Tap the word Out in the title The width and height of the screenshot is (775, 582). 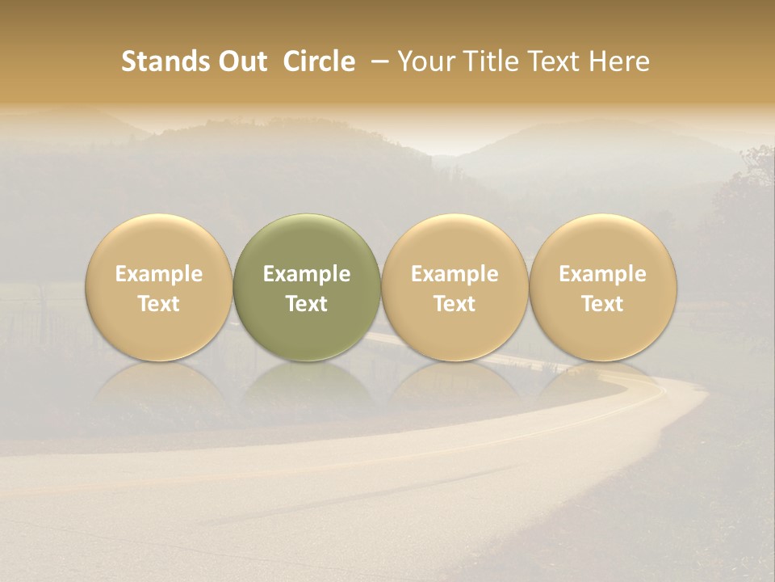pyautogui.click(x=240, y=61)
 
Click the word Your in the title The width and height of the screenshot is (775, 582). pyautogui.click(x=423, y=61)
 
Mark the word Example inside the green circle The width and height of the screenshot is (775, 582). pyautogui.click(x=307, y=274)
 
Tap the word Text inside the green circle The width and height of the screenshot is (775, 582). pyautogui.click(x=307, y=304)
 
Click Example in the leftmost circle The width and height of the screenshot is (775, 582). pyautogui.click(x=159, y=274)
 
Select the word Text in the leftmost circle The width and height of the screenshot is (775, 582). pyautogui.click(x=159, y=304)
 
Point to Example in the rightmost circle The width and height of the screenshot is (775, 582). pyautogui.click(x=603, y=274)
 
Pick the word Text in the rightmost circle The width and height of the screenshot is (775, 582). pyautogui.click(x=603, y=304)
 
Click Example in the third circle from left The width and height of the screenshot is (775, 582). pyautogui.click(x=455, y=274)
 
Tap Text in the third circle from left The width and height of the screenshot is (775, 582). pyautogui.click(x=455, y=304)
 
